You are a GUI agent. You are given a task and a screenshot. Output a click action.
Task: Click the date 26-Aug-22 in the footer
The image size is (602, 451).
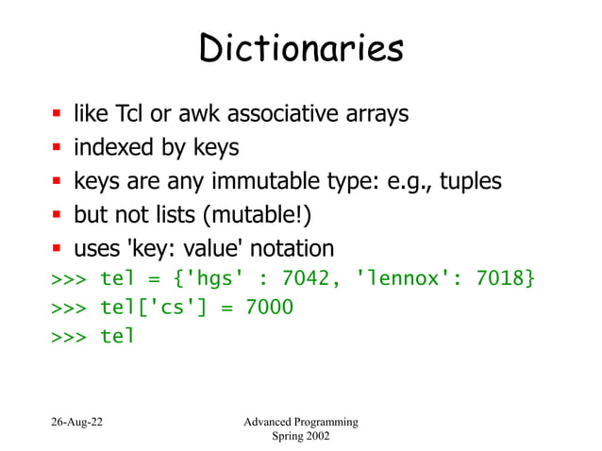77,421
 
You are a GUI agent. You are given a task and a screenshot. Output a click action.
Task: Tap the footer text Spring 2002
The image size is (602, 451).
301,437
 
